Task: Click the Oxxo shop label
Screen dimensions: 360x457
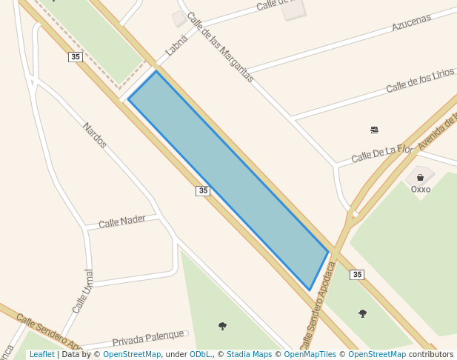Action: coord(420,189)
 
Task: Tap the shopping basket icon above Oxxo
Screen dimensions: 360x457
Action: coord(420,178)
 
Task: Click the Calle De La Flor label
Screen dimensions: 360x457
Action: coord(381,153)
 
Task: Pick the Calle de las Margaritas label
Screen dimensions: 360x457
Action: coord(220,47)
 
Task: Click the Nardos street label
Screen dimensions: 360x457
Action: coord(95,135)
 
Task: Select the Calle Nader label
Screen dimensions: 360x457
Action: coord(122,221)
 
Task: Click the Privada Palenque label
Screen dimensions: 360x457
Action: coord(147,341)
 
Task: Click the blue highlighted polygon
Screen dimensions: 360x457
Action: coord(228,178)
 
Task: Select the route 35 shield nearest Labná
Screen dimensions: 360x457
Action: coord(75,57)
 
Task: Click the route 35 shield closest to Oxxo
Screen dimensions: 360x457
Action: coord(357,275)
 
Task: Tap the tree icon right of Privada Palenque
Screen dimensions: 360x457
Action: coord(222,326)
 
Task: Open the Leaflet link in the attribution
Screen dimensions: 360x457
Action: coord(41,355)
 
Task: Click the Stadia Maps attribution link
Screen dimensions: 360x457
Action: coord(249,355)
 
